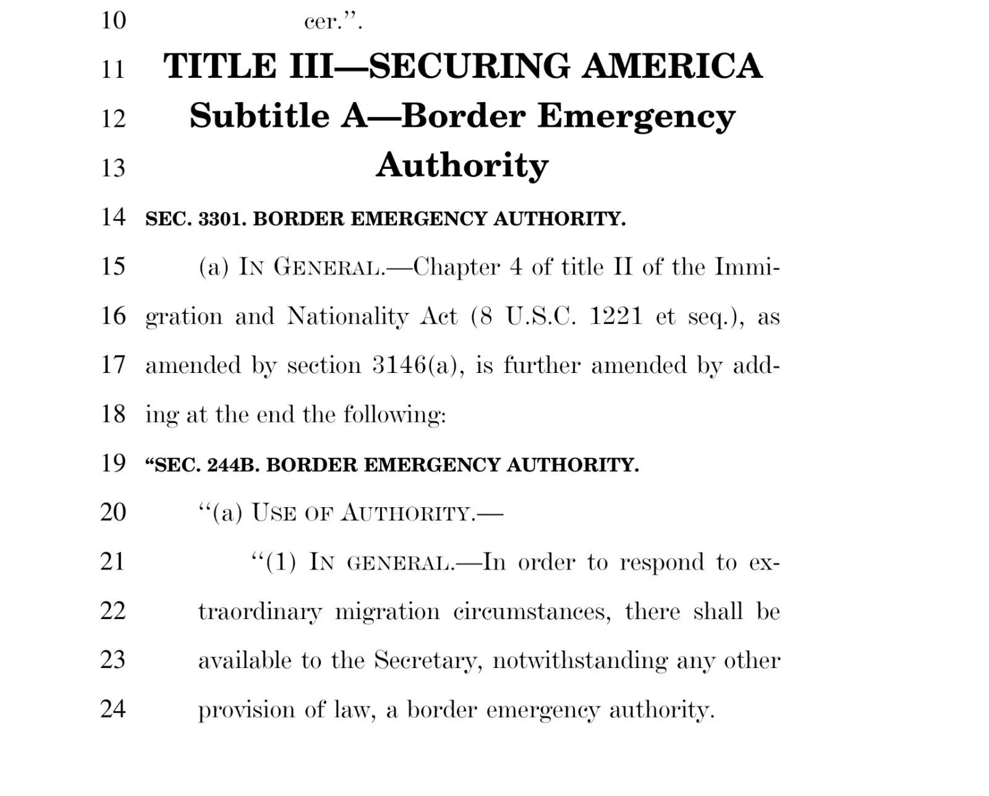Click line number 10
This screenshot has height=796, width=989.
pyautogui.click(x=113, y=20)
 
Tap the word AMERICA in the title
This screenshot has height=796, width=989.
pyautogui.click(x=672, y=66)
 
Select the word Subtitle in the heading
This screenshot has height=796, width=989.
pyautogui.click(x=259, y=116)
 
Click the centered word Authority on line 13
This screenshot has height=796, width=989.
pyautogui.click(x=462, y=165)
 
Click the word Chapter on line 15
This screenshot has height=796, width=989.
pyautogui.click(x=456, y=267)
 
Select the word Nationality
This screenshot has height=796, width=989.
pyautogui.click(x=347, y=317)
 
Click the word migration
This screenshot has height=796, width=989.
pyautogui.click(x=388, y=612)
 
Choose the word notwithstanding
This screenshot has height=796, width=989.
pyautogui.click(x=580, y=661)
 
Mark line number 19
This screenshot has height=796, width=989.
pyautogui.click(x=113, y=463)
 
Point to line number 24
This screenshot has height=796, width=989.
pyautogui.click(x=113, y=709)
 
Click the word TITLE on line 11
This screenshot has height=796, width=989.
pyautogui.click(x=220, y=66)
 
